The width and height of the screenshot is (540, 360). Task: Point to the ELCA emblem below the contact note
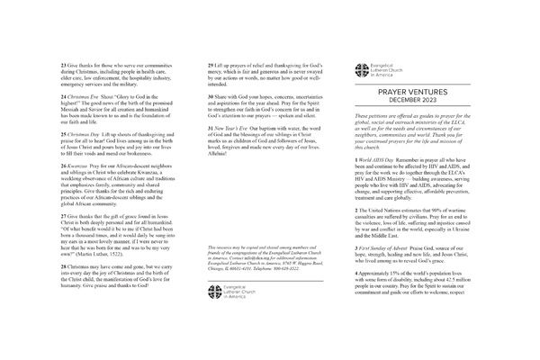click(x=213, y=265)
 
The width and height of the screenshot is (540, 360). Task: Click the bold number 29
click(x=211, y=67)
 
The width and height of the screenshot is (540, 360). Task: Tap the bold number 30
click(x=211, y=95)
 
